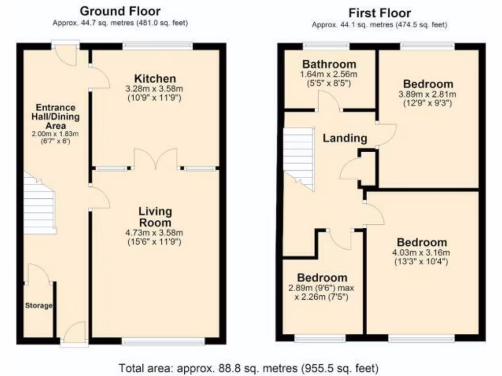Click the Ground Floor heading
click(120, 11)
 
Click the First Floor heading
click(379, 13)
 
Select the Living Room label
click(155, 217)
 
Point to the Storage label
click(39, 305)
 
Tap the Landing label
click(345, 138)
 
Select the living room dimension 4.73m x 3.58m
click(155, 233)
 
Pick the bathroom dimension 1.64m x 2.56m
click(328, 74)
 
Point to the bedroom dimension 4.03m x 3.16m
click(422, 253)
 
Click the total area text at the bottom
click(249, 367)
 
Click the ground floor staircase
click(39, 203)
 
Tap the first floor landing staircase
click(298, 157)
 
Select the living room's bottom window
click(163, 341)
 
